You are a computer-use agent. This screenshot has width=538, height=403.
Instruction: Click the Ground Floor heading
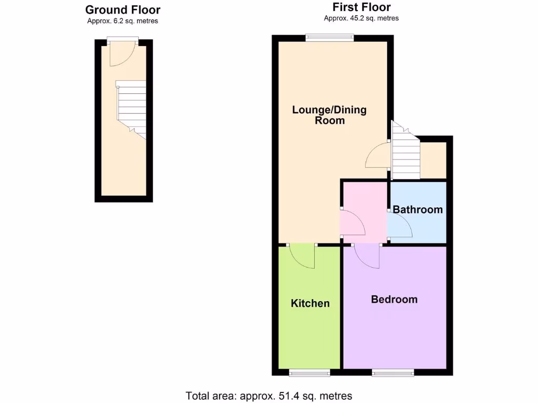(x=122, y=10)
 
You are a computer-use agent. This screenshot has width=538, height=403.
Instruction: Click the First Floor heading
(x=361, y=7)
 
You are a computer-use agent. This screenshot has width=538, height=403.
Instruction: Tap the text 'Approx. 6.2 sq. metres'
(x=122, y=21)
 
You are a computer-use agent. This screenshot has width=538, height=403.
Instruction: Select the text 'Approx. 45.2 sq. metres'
(x=361, y=18)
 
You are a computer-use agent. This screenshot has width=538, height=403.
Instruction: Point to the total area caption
(x=269, y=396)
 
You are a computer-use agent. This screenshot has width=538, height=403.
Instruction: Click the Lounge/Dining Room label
(x=329, y=115)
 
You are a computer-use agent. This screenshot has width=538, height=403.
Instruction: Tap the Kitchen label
(x=310, y=303)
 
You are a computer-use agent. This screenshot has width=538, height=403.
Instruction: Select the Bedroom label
(x=394, y=300)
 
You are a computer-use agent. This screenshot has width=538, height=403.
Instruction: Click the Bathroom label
(x=418, y=210)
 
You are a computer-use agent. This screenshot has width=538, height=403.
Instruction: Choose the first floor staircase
(x=405, y=155)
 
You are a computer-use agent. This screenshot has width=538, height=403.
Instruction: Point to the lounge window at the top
(x=330, y=37)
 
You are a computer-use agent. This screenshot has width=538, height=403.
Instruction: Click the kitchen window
(x=309, y=373)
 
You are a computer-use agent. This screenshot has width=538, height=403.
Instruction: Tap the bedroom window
(x=393, y=373)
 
